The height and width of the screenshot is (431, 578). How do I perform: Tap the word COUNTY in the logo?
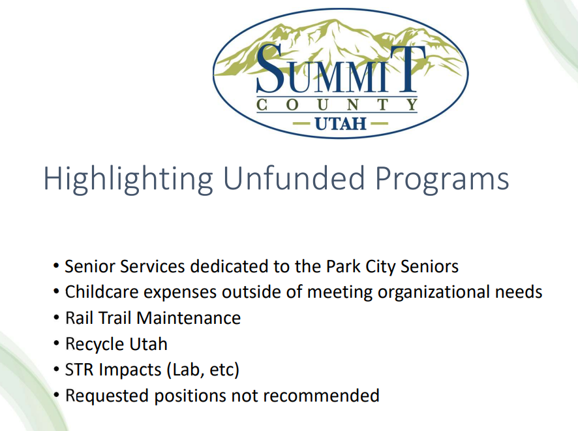coord(337,104)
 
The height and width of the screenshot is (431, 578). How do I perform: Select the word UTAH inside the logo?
coord(341,123)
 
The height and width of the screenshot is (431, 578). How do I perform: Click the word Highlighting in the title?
coord(128,178)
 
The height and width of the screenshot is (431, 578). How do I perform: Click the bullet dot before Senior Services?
coord(57,266)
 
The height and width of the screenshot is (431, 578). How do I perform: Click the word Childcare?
coord(98,292)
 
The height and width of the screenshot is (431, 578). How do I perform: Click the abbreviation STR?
coord(79,370)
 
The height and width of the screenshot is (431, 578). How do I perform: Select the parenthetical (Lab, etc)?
coord(203,370)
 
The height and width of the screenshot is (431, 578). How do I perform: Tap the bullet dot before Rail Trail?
coord(57,318)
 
